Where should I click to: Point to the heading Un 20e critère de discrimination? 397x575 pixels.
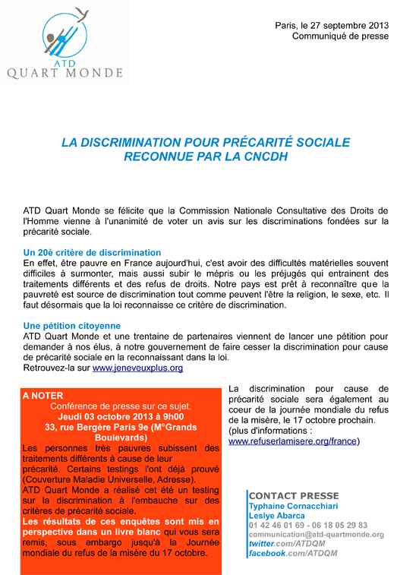[93, 251]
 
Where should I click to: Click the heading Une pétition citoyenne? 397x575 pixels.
[72, 325]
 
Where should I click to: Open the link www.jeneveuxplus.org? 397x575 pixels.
[137, 368]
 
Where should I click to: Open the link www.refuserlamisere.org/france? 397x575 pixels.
[293, 441]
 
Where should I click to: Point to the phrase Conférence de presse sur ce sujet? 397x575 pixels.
[120, 406]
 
